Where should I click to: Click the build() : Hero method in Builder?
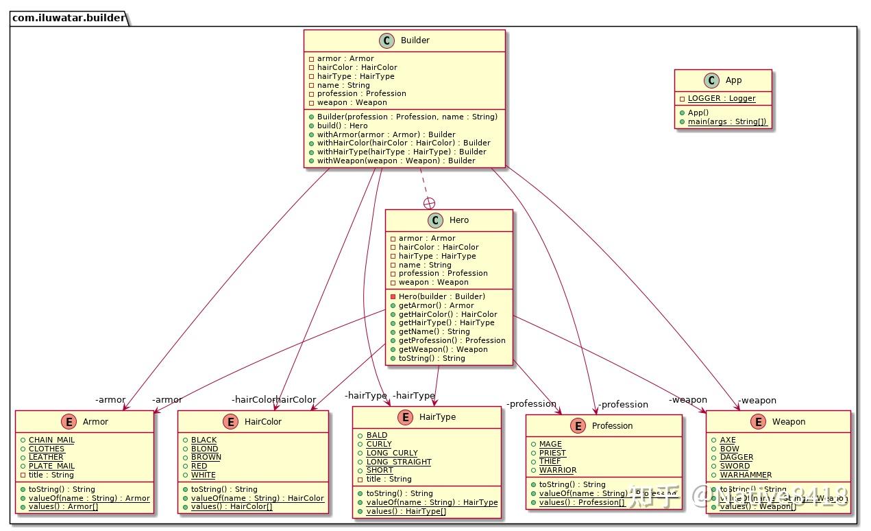(x=342, y=126)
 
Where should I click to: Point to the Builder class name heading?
(x=415, y=40)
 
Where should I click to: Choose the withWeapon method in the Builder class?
(x=395, y=161)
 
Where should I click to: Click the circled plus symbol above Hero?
(x=430, y=202)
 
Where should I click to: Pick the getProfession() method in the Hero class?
(x=452, y=340)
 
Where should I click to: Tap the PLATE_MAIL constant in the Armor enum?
(x=51, y=466)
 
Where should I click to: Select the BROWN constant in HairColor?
(x=206, y=457)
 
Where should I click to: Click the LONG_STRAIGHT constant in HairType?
(x=399, y=462)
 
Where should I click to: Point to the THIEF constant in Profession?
(x=550, y=461)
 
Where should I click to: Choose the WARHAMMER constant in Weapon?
(x=746, y=475)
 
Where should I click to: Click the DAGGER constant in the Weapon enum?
(x=736, y=457)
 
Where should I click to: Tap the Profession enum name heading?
(x=612, y=426)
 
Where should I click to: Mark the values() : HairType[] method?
(x=406, y=511)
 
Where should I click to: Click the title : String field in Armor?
(x=51, y=475)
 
